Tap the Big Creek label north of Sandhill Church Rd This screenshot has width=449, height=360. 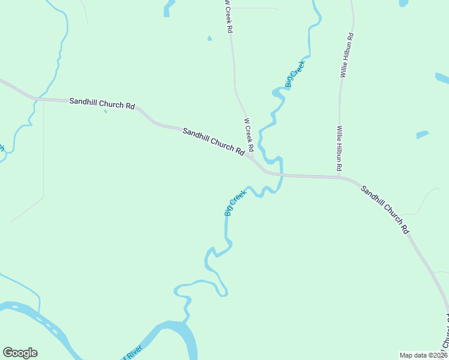click(295, 74)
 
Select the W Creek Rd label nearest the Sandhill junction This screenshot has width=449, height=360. click(249, 134)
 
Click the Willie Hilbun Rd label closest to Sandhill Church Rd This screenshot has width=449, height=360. click(339, 147)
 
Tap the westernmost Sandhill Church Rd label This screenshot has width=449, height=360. click(101, 103)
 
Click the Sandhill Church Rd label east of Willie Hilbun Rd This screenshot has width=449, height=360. click(385, 209)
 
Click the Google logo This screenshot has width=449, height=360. click(20, 353)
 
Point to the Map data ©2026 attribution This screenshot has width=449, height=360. click(423, 355)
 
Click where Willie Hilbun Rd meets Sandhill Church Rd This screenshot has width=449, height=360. click(340, 177)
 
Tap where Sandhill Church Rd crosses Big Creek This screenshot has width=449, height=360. click(281, 175)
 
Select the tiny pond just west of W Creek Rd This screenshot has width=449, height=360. click(209, 38)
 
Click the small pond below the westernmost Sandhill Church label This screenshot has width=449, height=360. click(105, 111)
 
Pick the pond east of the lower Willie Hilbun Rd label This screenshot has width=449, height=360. click(422, 135)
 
